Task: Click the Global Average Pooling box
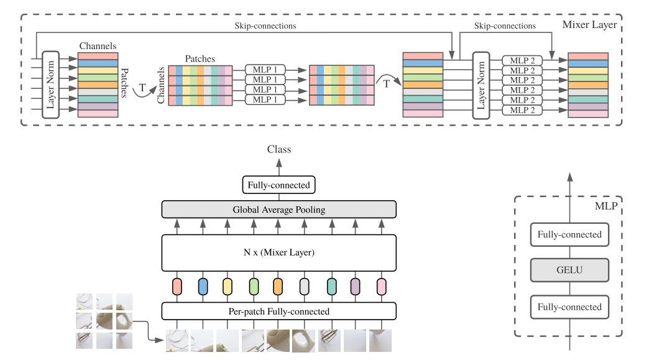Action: (x=278, y=210)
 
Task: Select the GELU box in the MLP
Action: (x=569, y=270)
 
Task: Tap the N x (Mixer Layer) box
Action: (x=278, y=252)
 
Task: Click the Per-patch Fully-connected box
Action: (x=278, y=311)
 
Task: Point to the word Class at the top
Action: (x=278, y=149)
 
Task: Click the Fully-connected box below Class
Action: (x=278, y=185)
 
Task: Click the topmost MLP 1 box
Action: (x=265, y=70)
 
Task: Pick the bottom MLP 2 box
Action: (x=522, y=110)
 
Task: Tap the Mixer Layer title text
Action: (x=589, y=25)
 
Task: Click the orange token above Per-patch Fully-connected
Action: (x=278, y=286)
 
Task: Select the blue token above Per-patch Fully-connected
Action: (x=203, y=286)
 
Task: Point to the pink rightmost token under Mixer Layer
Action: (x=381, y=286)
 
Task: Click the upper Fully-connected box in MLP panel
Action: (x=569, y=234)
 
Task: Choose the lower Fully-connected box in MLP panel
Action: (x=569, y=307)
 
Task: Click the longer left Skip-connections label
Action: (x=265, y=26)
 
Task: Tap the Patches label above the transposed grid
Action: (x=200, y=59)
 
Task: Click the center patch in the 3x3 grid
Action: (x=104, y=321)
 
